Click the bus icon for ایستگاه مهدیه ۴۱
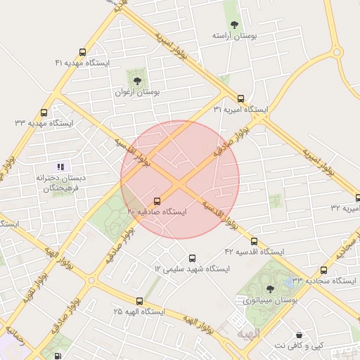pyautogui.click(x=84, y=52)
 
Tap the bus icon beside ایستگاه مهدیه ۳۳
pyautogui.click(x=44, y=112)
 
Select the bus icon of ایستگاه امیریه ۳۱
pyautogui.click(x=241, y=99)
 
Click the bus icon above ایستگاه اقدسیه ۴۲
pyautogui.click(x=254, y=241)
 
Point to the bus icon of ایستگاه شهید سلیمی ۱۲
pyautogui.click(x=193, y=258)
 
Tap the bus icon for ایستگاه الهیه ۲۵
pyautogui.click(x=139, y=300)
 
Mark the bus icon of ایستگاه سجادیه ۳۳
pyautogui.click(x=323, y=270)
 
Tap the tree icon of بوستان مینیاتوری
pyautogui.click(x=270, y=289)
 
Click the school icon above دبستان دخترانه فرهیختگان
pyautogui.click(x=61, y=167)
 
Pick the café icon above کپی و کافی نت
pyautogui.click(x=300, y=335)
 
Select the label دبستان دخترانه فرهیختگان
pyautogui.click(x=61, y=183)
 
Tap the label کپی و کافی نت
pyautogui.click(x=300, y=345)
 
